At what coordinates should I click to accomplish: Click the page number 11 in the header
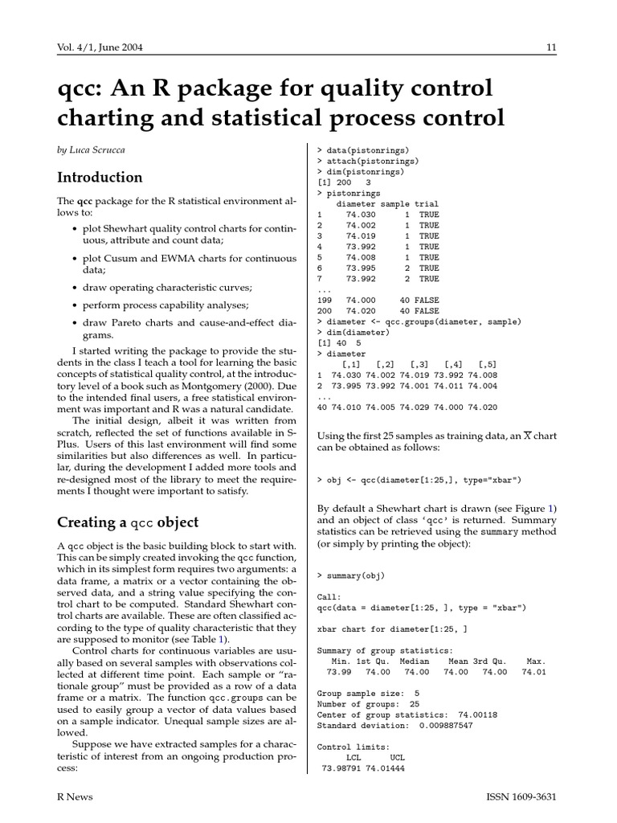click(551, 47)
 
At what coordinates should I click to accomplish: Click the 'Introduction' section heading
click(100, 178)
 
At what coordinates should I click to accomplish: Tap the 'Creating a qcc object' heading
click(128, 522)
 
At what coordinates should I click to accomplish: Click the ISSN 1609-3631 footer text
click(521, 796)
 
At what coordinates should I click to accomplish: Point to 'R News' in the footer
click(75, 796)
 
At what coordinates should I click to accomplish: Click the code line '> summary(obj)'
click(352, 575)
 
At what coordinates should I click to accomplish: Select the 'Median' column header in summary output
click(416, 661)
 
